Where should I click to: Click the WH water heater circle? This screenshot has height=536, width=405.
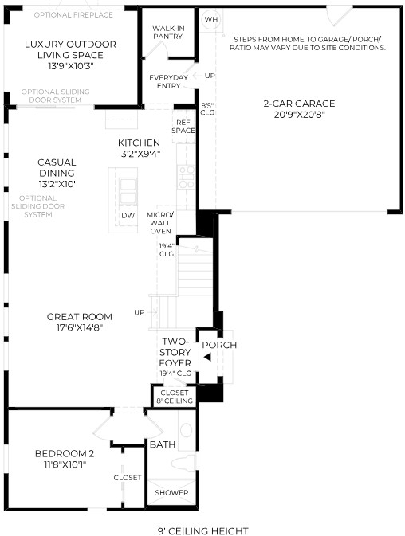coord(210,19)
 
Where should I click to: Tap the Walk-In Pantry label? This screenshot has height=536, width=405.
coord(168,33)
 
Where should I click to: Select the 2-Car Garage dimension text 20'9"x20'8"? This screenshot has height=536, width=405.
coord(299,115)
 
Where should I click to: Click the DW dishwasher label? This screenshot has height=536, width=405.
coord(128,216)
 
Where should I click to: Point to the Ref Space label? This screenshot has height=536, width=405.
coord(183,127)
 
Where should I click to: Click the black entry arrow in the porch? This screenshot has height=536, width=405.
coord(207,358)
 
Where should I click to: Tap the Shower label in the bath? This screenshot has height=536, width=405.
coord(171,492)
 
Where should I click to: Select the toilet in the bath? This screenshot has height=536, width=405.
coord(183,464)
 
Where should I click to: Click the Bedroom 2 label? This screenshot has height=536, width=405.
coord(65,454)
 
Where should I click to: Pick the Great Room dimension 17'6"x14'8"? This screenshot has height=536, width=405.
coord(80,327)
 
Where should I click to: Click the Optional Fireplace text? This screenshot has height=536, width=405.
coord(73,14)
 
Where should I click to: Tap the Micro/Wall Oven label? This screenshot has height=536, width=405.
coord(160,223)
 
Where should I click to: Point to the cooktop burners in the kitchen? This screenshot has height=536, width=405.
coord(187,177)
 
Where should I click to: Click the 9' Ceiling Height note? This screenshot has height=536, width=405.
coord(202,531)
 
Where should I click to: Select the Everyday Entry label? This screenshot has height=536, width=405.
coord(169,82)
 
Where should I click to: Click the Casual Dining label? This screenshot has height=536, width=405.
coord(57,167)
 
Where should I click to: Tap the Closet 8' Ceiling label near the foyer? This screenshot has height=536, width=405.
coord(175,397)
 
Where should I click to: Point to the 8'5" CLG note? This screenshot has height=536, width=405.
coord(207,108)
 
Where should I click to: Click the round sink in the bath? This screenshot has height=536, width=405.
coord(186,430)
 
